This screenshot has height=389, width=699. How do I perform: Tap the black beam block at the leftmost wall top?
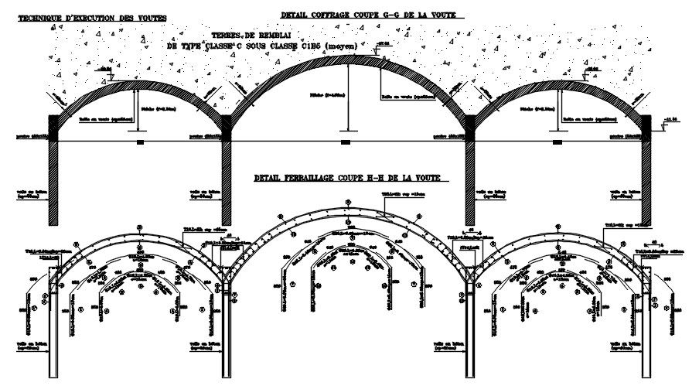point(53,125)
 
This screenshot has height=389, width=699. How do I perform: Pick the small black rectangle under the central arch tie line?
point(345,143)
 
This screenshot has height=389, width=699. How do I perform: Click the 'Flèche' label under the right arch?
point(537,110)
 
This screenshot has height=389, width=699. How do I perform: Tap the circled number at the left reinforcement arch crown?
point(139,227)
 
